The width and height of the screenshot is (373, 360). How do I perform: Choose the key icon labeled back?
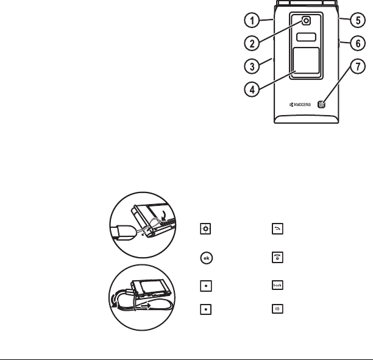pyautogui.click(x=268, y=285)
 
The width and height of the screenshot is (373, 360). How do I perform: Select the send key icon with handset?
pyautogui.click(x=268, y=230)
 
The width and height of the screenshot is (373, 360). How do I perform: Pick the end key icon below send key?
pyautogui.click(x=268, y=257)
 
